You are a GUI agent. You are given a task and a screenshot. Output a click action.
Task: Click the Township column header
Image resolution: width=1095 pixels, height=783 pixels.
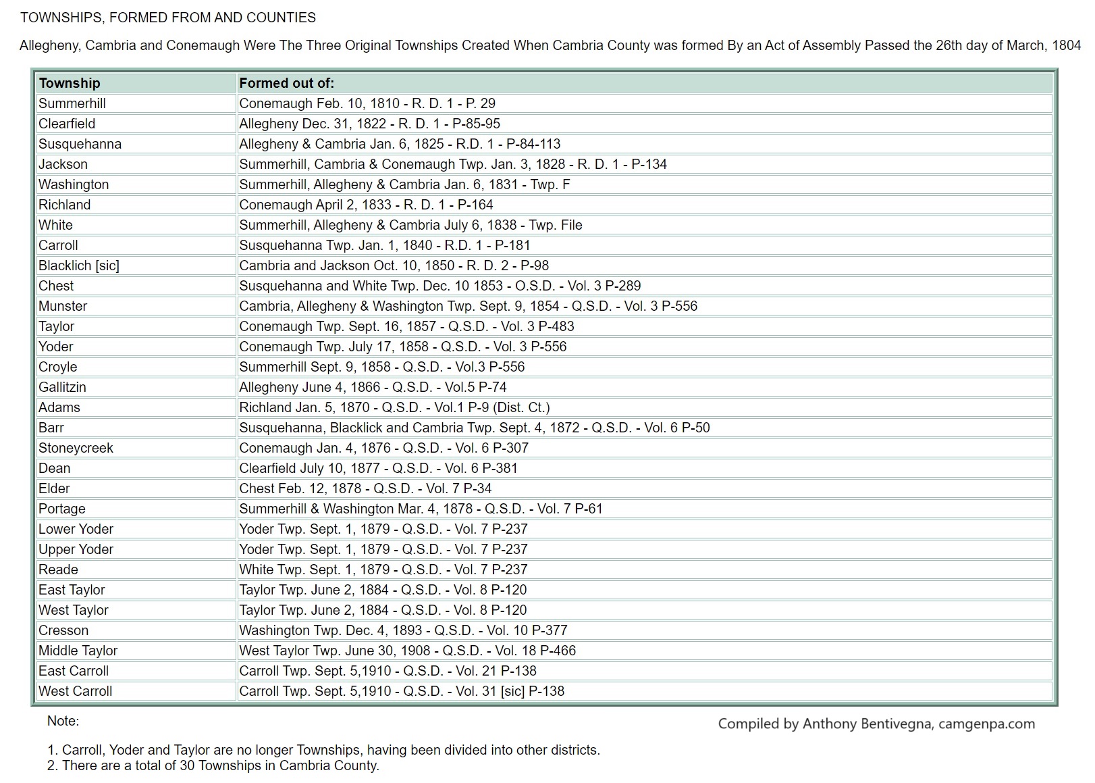point(70,83)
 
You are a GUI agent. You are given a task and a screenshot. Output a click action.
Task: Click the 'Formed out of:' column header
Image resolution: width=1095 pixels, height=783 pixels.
point(287,83)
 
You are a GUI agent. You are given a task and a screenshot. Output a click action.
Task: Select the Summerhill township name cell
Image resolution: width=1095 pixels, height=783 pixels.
point(72,103)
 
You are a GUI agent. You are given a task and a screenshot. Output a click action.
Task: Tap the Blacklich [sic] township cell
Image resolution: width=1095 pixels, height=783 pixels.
point(79,266)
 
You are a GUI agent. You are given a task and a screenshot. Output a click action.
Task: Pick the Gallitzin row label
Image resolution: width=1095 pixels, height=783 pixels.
point(63,387)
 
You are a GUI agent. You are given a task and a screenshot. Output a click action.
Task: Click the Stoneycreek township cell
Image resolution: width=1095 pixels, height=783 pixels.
point(76,448)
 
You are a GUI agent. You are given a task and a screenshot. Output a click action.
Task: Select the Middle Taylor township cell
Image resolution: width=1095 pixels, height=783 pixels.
point(78,651)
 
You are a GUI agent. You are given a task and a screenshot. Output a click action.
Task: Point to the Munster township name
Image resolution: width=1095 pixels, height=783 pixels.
point(63,306)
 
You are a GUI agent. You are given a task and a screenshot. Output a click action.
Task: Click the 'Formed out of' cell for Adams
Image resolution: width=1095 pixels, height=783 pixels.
point(394,407)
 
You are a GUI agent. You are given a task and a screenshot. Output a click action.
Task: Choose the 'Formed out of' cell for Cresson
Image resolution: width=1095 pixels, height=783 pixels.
point(403,630)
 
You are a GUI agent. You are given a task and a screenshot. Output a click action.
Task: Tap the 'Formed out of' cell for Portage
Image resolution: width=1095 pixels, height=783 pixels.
point(421,509)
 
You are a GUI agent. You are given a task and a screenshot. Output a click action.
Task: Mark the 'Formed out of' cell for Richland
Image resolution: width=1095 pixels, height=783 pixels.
point(366,205)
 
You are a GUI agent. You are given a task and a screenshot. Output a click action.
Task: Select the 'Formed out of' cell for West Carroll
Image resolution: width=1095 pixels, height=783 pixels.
point(402,691)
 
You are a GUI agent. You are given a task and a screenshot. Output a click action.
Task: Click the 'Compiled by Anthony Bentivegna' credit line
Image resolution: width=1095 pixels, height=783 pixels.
point(876,724)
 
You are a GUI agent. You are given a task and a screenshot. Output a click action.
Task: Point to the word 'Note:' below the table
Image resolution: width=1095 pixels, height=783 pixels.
point(63,721)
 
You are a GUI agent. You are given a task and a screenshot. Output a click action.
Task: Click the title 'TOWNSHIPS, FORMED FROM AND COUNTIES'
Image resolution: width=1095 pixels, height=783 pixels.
point(168,18)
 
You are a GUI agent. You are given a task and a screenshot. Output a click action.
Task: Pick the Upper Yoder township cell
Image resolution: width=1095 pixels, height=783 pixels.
point(76,549)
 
